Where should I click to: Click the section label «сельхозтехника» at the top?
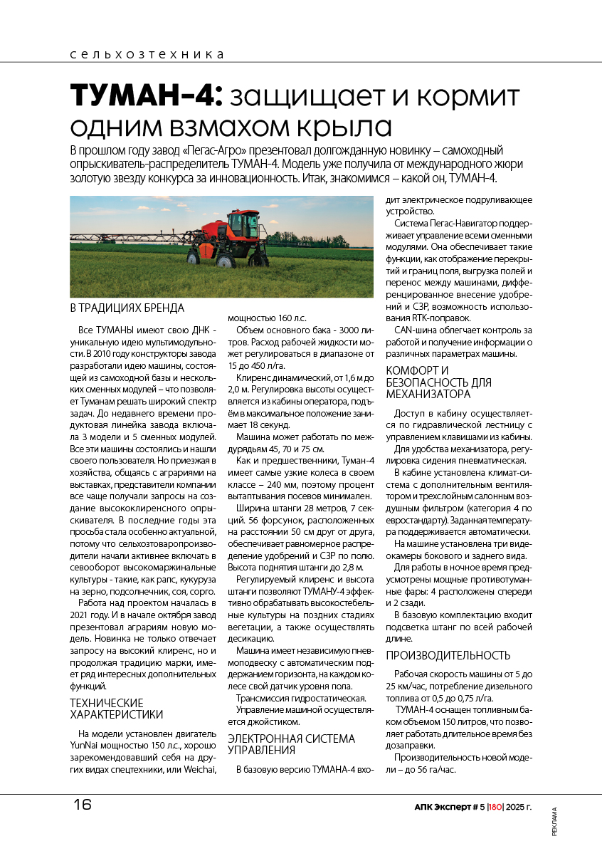pyautogui.click(x=147, y=54)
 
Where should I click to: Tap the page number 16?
pyautogui.click(x=82, y=805)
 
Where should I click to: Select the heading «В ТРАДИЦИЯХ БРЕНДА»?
pyautogui.click(x=127, y=308)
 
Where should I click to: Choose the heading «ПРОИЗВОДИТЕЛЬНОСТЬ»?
pyautogui.click(x=448, y=655)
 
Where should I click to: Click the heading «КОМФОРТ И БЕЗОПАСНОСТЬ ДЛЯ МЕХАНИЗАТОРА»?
pyautogui.click(x=438, y=382)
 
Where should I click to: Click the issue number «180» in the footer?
pyautogui.click(x=496, y=808)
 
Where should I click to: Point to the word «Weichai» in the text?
pyautogui.click(x=199, y=769)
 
